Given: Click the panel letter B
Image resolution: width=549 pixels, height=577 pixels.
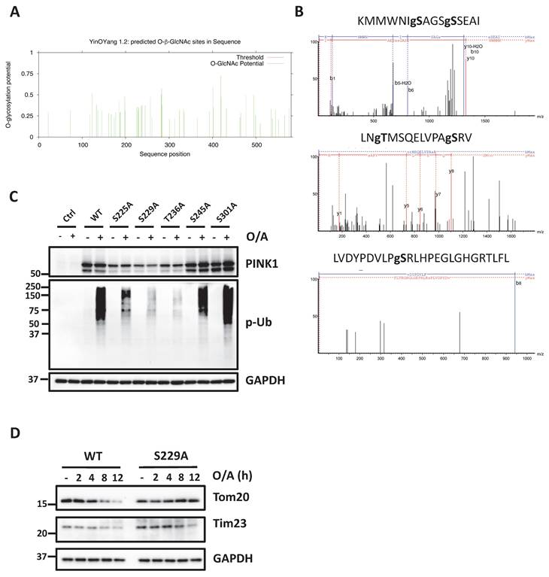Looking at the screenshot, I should point(298,12).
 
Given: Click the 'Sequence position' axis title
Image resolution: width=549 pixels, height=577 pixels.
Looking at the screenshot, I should point(157,153).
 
